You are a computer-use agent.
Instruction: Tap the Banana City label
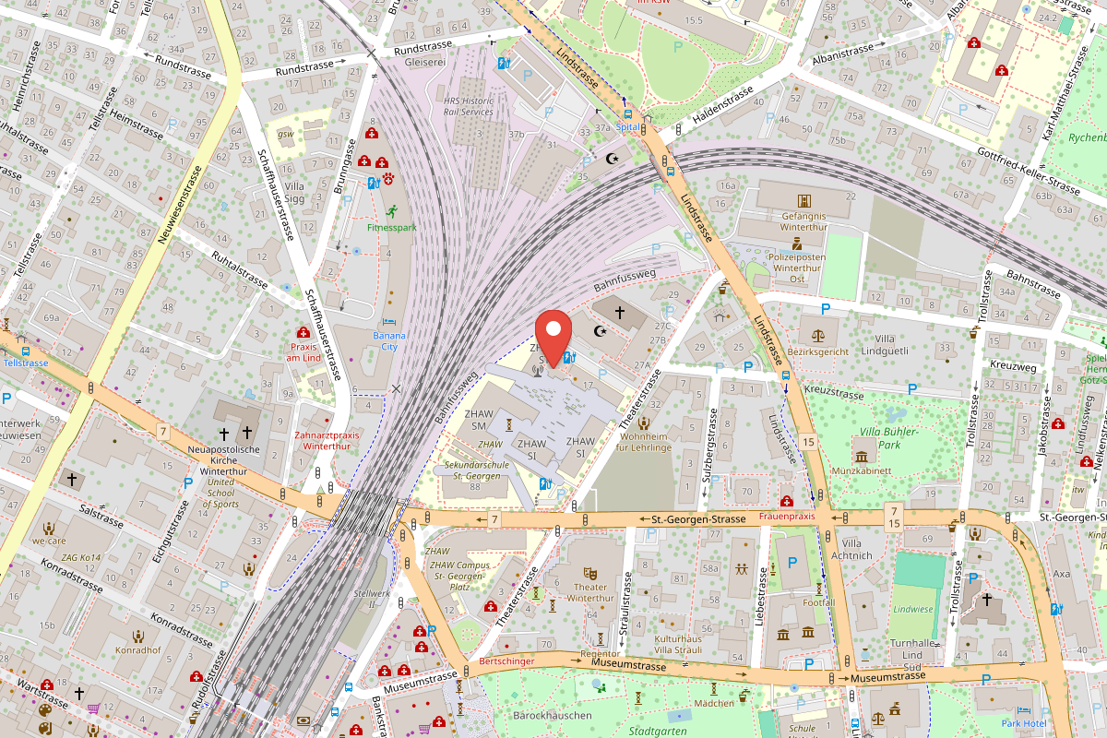pos(388,341)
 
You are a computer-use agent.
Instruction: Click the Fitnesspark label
pos(391,226)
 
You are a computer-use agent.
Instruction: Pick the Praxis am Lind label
pos(303,351)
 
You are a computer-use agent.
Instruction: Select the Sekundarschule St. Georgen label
pos(472,470)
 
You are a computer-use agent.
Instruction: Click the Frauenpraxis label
pos(787,517)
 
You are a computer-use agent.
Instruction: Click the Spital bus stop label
pos(627,127)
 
